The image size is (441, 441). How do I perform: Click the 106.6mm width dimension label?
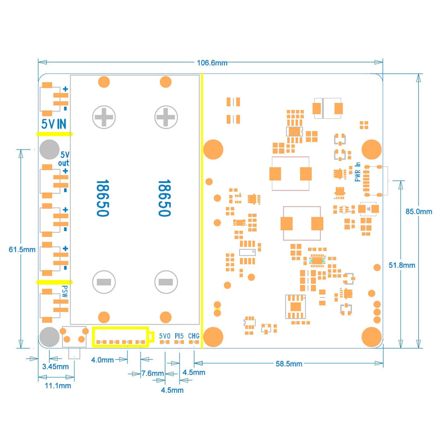[212, 63]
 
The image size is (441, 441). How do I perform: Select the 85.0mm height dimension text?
[419, 211]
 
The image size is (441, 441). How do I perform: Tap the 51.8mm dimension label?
[401, 265]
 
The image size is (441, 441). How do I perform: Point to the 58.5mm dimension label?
[288, 363]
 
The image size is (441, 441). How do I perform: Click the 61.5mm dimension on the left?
[22, 249]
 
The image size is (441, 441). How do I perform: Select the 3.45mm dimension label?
[55, 366]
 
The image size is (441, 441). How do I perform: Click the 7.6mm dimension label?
[153, 374]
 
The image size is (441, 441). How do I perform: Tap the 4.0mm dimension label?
[102, 360]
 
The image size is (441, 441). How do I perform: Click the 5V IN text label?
[53, 124]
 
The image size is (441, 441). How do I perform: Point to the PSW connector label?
[64, 292]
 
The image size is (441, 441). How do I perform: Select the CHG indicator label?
[194, 336]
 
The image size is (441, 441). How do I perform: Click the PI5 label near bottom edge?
[179, 336]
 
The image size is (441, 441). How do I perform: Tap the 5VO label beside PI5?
[164, 336]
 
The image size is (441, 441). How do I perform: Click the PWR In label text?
[358, 172]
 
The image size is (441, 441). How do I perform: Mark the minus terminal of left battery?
[104, 282]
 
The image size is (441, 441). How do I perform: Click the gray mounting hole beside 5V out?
[49, 149]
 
